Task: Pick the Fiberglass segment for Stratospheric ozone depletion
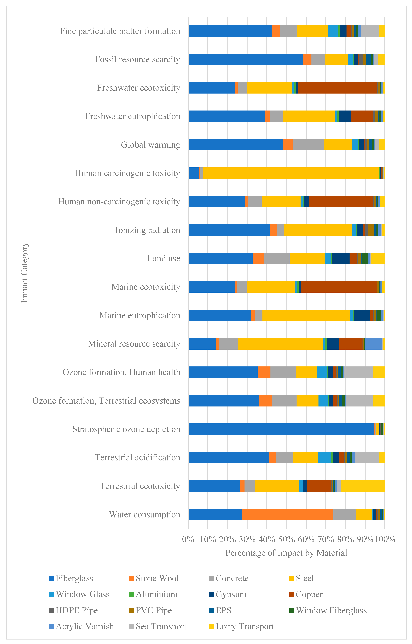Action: point(281,429)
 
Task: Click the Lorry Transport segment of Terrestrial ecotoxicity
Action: point(363,486)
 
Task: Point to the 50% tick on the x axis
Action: point(286,539)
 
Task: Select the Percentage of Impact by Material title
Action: point(286,553)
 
